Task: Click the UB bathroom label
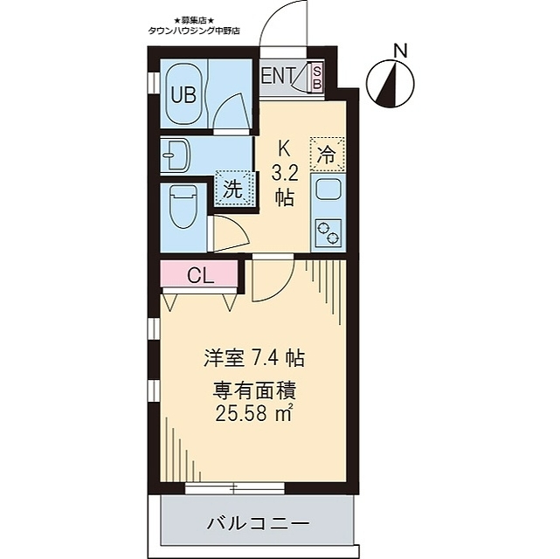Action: click(x=183, y=95)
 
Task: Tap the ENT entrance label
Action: click(x=279, y=75)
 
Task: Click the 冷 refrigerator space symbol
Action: click(x=326, y=156)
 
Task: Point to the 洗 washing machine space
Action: click(x=233, y=189)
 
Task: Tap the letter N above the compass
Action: click(x=401, y=51)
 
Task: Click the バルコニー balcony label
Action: click(x=258, y=526)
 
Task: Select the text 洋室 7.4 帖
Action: click(x=253, y=358)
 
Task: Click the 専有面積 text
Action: click(x=253, y=390)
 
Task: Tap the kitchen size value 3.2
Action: click(x=285, y=171)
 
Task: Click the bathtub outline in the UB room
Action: click(x=183, y=94)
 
